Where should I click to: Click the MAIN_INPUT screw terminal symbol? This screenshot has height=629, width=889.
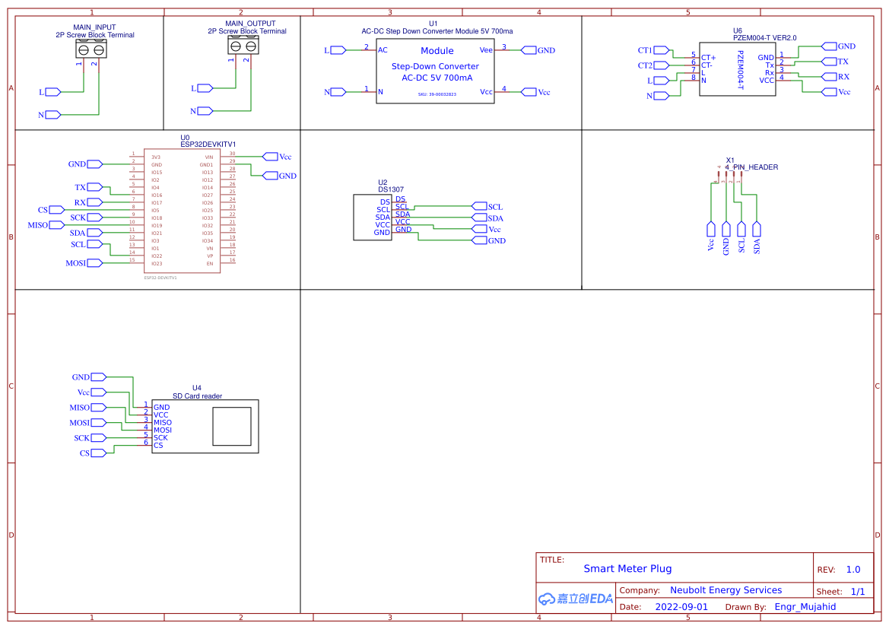91,50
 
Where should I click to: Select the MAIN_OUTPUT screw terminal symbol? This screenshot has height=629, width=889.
243,46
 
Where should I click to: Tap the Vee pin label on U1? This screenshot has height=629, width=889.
486,49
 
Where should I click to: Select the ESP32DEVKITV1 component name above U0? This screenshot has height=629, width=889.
208,144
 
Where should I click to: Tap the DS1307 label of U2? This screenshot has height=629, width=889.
391,189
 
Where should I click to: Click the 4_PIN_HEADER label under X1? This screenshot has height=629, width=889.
751,167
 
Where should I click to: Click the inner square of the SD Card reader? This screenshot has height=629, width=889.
232,426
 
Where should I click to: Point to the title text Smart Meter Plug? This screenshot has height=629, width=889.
627,568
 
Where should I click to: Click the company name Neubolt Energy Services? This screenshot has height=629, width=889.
725,590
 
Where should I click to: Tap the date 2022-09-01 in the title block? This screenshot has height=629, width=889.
681,607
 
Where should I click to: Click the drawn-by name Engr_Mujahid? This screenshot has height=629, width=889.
805,607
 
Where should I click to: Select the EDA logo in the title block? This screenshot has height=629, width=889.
576,599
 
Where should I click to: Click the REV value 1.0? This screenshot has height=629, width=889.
853,570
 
